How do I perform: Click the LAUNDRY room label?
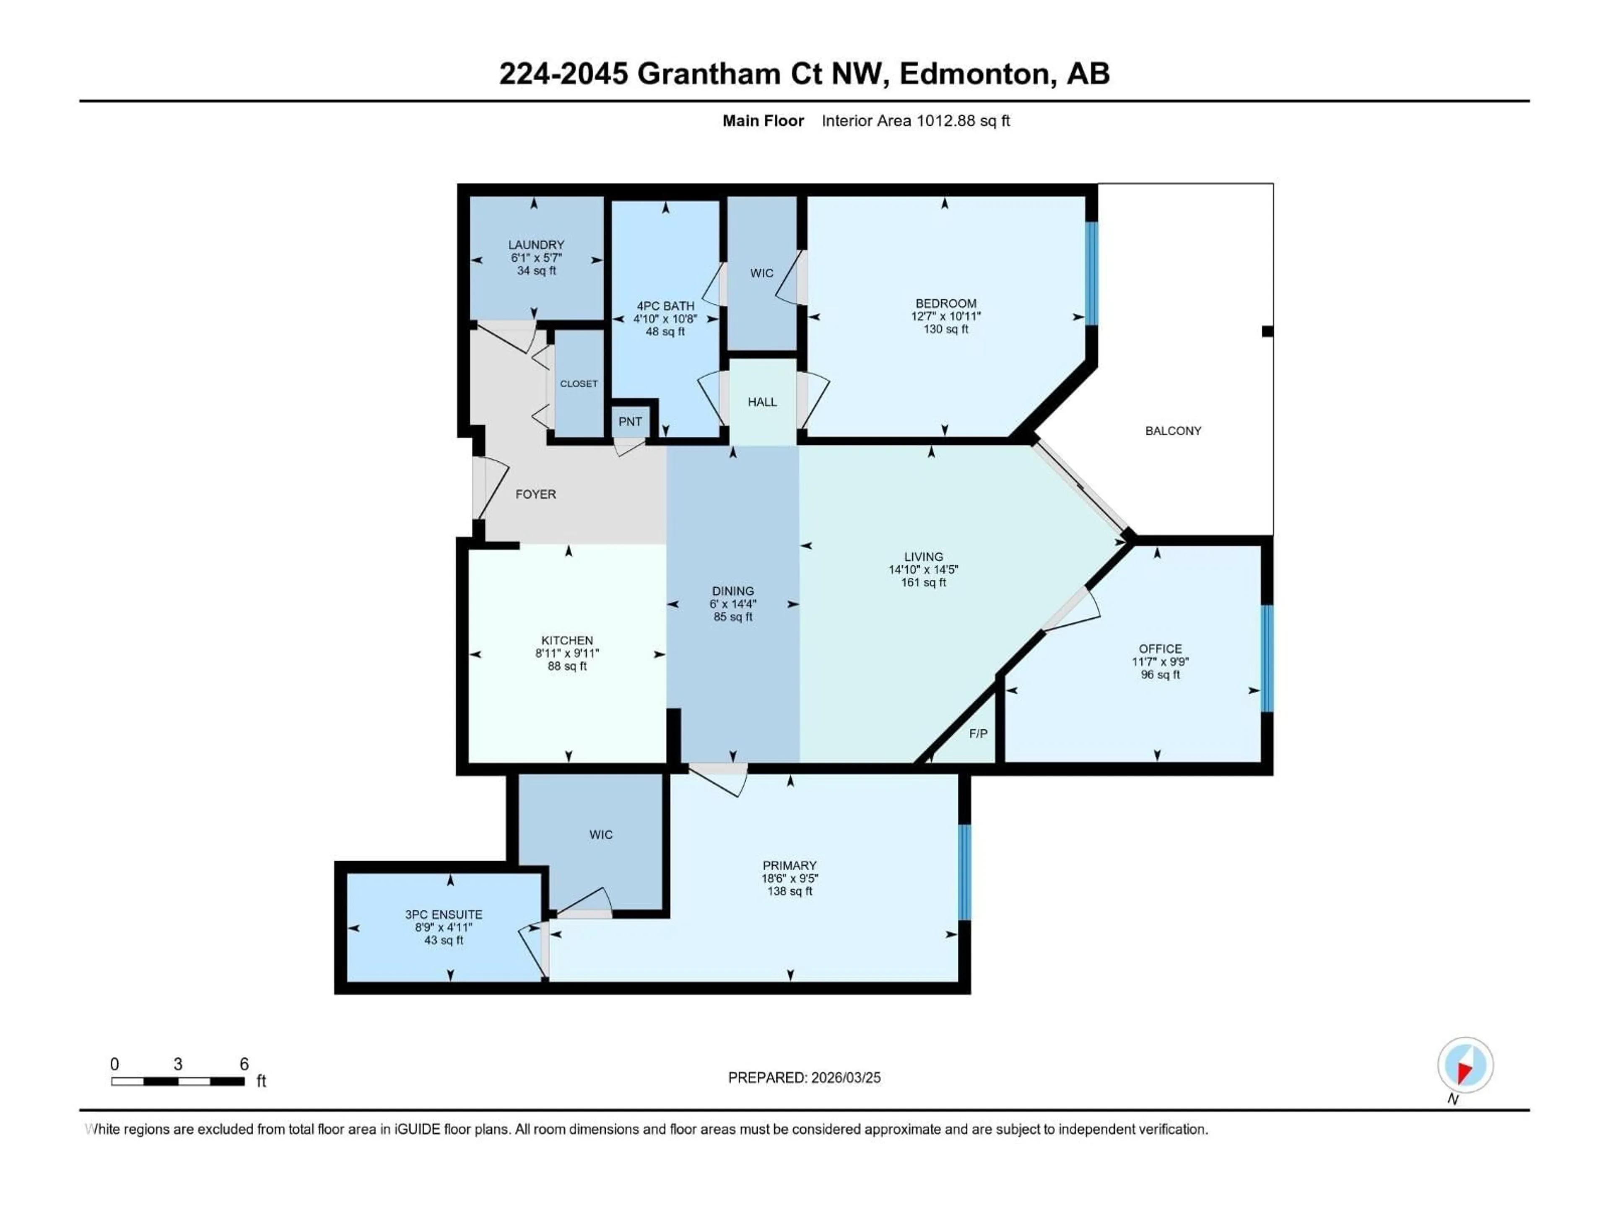[536, 245]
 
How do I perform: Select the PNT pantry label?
[630, 422]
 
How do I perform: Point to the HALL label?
[762, 402]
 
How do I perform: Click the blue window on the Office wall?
[1267, 658]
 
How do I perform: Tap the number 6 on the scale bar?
[244, 1064]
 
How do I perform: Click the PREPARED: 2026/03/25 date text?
[804, 1078]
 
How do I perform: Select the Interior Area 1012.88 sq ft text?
[916, 121]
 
